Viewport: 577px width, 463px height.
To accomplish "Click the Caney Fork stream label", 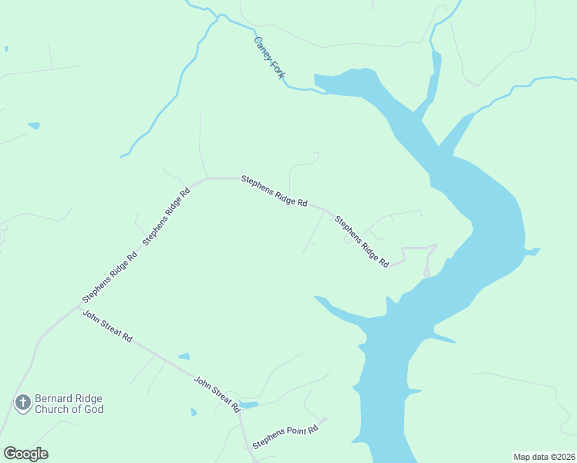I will tap(269, 58).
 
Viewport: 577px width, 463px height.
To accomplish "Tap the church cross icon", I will tap(23, 402).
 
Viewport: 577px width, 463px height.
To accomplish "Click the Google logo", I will tap(25, 454).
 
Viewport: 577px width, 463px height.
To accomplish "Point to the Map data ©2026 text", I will tap(544, 457).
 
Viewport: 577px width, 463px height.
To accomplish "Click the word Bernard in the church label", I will tap(55, 398).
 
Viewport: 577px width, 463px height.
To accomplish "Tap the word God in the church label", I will tap(93, 409).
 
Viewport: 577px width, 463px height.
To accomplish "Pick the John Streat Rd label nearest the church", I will tap(108, 327).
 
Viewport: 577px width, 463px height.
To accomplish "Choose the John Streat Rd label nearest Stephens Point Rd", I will tap(218, 394).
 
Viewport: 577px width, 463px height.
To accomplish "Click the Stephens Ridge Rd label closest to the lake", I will tap(361, 242).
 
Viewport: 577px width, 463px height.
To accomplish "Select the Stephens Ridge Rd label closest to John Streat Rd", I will tap(110, 275).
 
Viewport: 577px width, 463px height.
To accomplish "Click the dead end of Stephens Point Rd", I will tap(325, 420).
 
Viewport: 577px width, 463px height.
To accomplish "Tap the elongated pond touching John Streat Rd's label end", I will tap(248, 404).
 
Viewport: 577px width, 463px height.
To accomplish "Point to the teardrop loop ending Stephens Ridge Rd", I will tap(427, 272).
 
